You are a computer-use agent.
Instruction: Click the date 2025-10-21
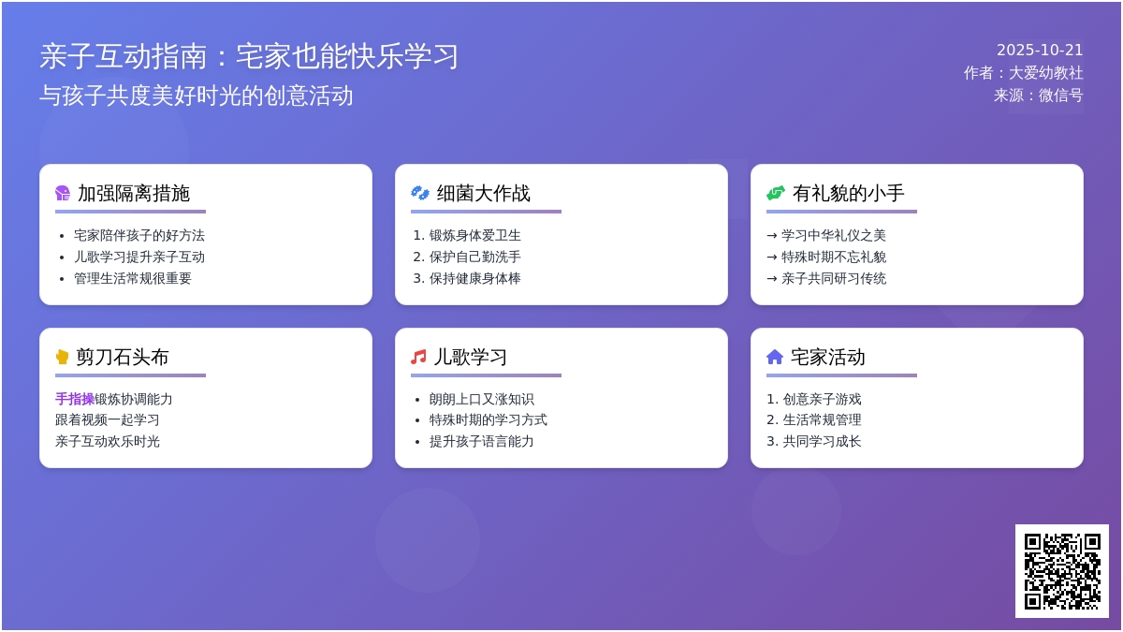coord(1040,51)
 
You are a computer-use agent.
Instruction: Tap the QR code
coord(1062,571)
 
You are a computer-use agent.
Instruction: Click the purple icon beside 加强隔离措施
coord(63,193)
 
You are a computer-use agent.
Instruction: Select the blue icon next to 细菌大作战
coord(420,193)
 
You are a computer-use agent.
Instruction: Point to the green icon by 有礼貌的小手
coord(776,193)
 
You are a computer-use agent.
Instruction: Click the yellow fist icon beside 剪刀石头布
coord(62,357)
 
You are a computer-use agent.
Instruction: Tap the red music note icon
coord(418,357)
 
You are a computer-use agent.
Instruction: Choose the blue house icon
coord(775,357)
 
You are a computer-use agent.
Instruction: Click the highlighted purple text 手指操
coord(75,399)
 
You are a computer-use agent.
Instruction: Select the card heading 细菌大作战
coord(483,193)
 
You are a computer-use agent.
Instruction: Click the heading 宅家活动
coord(827,357)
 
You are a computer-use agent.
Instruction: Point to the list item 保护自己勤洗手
coord(474,257)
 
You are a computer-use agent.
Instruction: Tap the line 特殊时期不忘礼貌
coord(834,257)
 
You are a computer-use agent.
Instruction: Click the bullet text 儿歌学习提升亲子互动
coord(139,257)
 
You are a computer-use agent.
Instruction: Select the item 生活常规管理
coord(822,419)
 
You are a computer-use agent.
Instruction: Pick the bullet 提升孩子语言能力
coord(481,441)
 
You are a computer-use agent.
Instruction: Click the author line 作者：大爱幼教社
coord(1023,73)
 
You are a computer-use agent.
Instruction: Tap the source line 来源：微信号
coord(1038,96)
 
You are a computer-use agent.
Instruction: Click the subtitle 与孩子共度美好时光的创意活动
coord(196,96)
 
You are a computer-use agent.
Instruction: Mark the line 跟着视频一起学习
coord(108,419)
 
